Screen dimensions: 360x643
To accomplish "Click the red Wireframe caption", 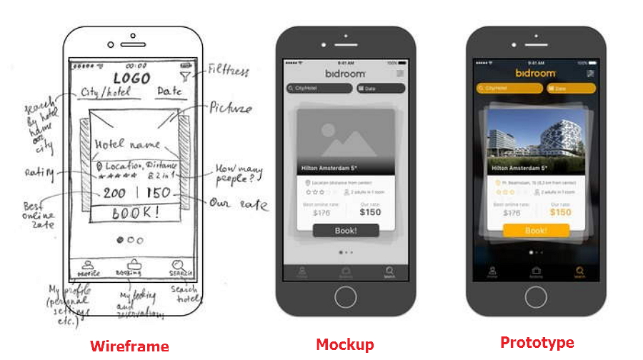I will [129, 346].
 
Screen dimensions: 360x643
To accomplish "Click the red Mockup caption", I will [344, 345].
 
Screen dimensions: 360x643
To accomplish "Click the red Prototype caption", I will [537, 342].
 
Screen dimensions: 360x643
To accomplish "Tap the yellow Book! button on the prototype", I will [536, 231].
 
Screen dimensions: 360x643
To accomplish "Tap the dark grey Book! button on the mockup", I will [346, 231].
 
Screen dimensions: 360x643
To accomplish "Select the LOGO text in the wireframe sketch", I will [131, 78].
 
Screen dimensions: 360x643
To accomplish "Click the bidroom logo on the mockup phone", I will [346, 74].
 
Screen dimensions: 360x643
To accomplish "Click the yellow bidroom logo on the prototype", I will [536, 73].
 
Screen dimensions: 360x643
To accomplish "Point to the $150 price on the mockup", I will [370, 212].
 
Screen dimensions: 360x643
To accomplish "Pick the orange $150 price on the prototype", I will [560, 212].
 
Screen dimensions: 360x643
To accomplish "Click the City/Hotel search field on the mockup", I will [319, 89].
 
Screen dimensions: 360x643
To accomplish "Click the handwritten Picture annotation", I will [230, 109].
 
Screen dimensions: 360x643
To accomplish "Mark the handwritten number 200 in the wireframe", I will [114, 193].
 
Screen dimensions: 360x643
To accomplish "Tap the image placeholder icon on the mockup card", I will [345, 139].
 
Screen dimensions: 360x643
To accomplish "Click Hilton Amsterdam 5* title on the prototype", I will [519, 169].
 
